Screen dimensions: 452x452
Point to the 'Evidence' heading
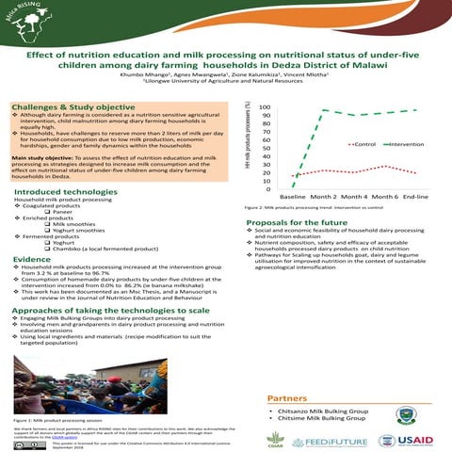click(32, 258)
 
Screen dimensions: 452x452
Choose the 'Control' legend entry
click(366, 144)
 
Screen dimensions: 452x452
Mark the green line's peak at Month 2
click(326, 111)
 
